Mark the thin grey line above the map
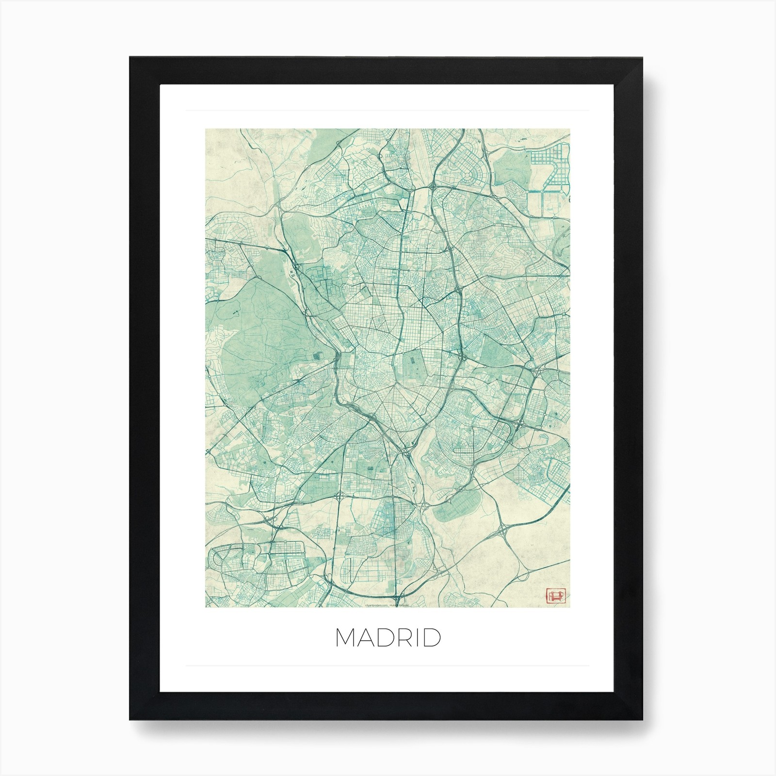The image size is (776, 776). coord(388,111)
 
